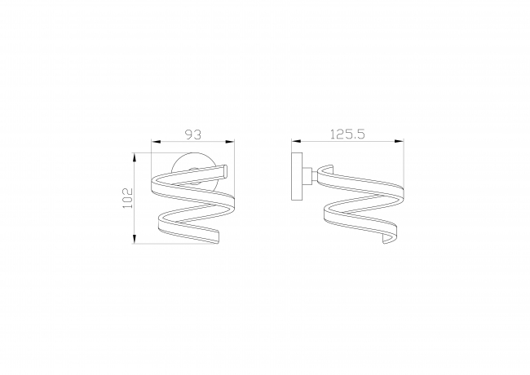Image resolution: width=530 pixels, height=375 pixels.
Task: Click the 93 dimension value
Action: point(194,135)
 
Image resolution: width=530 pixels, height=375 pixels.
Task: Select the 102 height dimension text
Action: point(128,198)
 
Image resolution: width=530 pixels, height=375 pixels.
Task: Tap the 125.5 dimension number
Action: point(347,135)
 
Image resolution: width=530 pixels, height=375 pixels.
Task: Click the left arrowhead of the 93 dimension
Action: point(155,142)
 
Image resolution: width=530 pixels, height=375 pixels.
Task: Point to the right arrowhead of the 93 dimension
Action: point(230,142)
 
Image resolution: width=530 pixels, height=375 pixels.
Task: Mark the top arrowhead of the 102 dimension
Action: point(135,157)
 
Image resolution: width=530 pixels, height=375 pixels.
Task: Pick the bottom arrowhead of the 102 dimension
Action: point(135,239)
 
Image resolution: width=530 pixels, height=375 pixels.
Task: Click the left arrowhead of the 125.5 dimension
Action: point(296,142)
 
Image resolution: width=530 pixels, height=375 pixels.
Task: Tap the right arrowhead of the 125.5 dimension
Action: point(400,142)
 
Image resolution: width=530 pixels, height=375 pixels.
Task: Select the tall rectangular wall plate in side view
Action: point(297,176)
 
